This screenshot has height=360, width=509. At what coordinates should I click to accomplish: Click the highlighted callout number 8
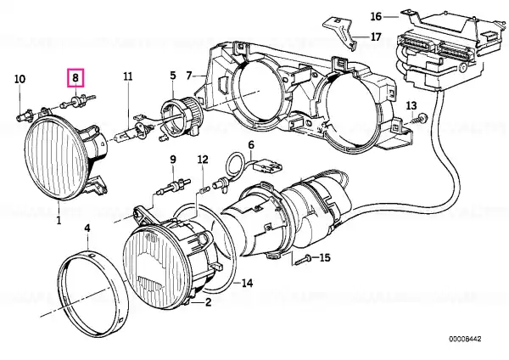(76, 77)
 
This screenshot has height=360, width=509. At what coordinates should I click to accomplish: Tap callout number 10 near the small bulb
(20, 79)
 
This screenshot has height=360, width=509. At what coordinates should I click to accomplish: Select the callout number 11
(128, 76)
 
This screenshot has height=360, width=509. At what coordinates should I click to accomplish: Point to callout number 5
(173, 76)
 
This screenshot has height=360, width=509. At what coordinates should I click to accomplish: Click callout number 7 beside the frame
(189, 76)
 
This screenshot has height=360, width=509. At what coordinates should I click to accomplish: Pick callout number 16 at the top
(376, 16)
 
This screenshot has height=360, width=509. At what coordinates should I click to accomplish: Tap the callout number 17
(375, 37)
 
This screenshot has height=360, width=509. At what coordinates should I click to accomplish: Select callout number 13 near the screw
(411, 105)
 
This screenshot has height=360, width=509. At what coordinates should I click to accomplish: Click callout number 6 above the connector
(251, 144)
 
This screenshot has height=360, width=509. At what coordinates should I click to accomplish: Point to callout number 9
(173, 160)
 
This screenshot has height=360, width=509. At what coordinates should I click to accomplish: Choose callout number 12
(203, 160)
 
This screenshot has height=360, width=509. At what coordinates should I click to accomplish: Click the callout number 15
(325, 257)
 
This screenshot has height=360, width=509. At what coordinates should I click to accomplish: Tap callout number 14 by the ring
(247, 284)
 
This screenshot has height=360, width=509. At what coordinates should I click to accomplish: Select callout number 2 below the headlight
(208, 302)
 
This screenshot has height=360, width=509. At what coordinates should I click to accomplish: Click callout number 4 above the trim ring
(87, 228)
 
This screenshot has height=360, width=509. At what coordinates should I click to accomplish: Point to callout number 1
(59, 221)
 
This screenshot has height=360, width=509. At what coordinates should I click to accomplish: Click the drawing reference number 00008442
(465, 340)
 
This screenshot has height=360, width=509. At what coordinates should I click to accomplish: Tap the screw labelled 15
(303, 260)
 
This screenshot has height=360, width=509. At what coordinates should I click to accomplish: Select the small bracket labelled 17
(338, 32)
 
